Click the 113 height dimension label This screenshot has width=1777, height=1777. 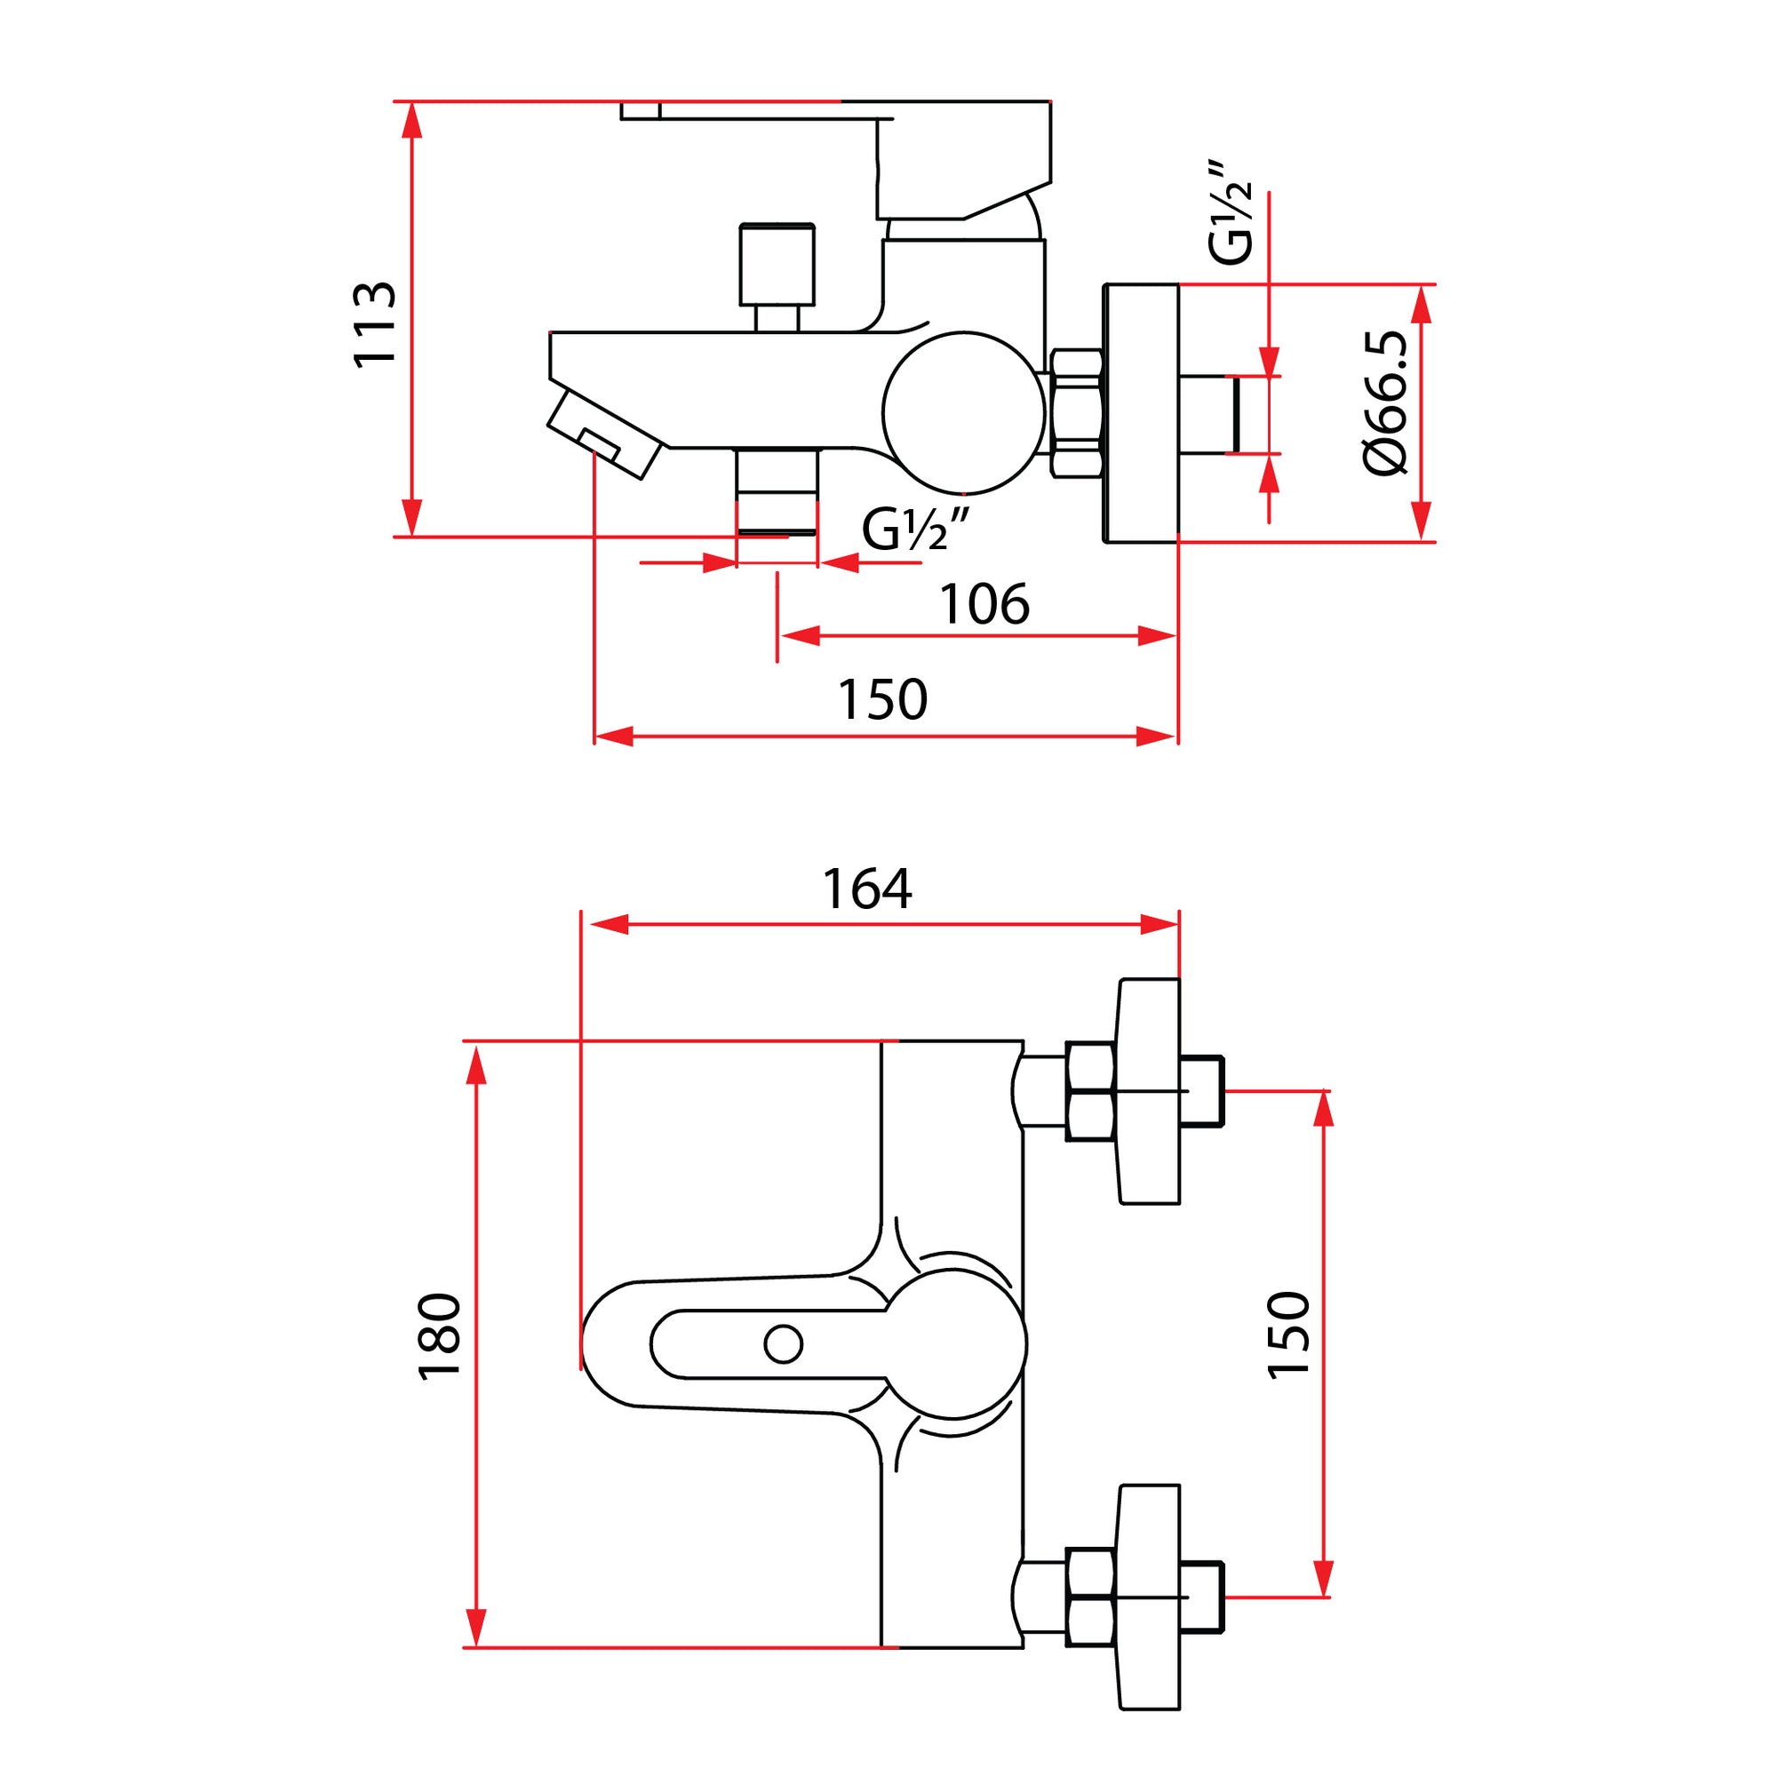[375, 324]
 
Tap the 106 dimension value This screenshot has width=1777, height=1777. [984, 605]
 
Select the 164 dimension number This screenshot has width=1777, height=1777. [866, 889]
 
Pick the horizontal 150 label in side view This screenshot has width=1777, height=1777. [882, 700]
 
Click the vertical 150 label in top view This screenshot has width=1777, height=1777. [1287, 1335]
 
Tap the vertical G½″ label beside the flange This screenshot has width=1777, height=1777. [1230, 213]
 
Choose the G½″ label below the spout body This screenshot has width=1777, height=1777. [915, 530]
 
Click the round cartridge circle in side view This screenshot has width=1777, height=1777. [963, 413]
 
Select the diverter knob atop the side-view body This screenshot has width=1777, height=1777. [777, 265]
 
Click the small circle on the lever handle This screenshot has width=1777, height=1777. [783, 1343]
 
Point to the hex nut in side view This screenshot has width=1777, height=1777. [1075, 413]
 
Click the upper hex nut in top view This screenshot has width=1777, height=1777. [1090, 1092]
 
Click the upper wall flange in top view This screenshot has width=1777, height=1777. [1149, 1092]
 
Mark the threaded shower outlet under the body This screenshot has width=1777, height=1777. [777, 492]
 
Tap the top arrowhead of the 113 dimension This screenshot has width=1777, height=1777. [412, 120]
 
